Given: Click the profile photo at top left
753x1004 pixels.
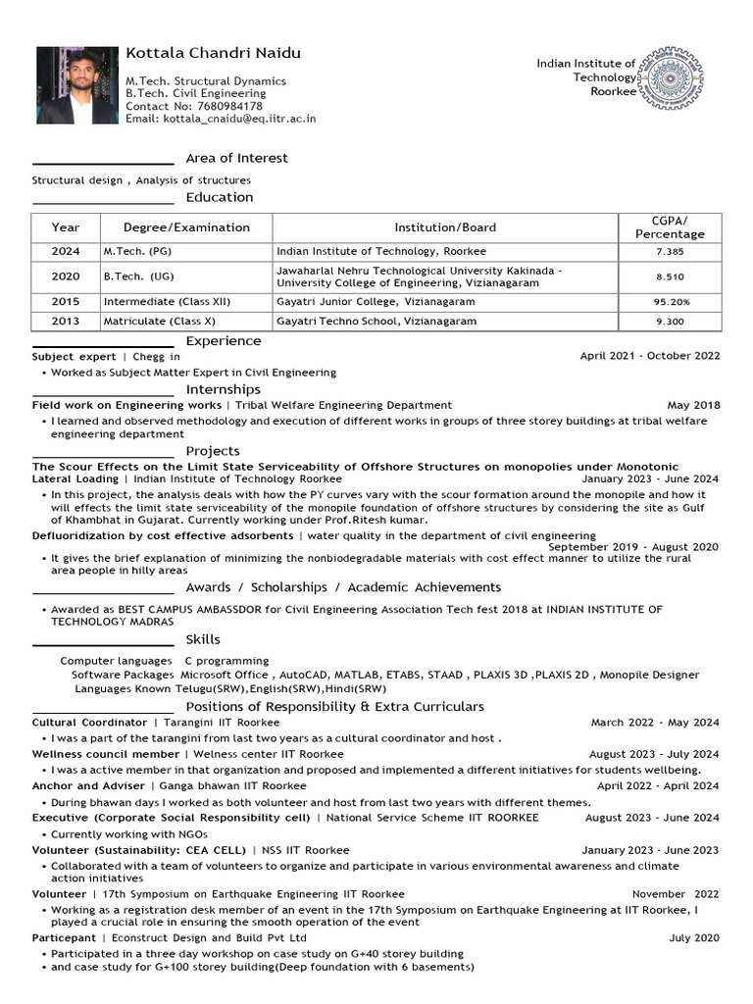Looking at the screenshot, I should pos(76,85).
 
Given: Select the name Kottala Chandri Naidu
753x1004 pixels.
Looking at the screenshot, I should pos(213,53).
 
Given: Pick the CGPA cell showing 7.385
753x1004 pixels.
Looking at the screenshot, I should pos(671,252).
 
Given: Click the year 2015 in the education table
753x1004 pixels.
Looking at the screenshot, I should pos(66,302).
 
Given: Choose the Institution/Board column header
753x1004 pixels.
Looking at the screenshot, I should pos(445,227).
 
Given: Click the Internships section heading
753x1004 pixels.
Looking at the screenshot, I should pos(224,389).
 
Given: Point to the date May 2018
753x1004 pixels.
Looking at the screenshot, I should pos(693,405).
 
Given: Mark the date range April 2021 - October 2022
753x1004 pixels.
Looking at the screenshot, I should pos(649,357).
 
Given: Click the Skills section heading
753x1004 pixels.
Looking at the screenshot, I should pos(203,639).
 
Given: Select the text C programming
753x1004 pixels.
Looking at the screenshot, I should pos(226,661).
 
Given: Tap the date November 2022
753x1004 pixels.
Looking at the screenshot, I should pos(675,894).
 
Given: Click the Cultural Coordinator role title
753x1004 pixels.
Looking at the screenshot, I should pos(89,723).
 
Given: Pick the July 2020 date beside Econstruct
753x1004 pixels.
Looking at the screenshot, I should pos(694,938).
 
